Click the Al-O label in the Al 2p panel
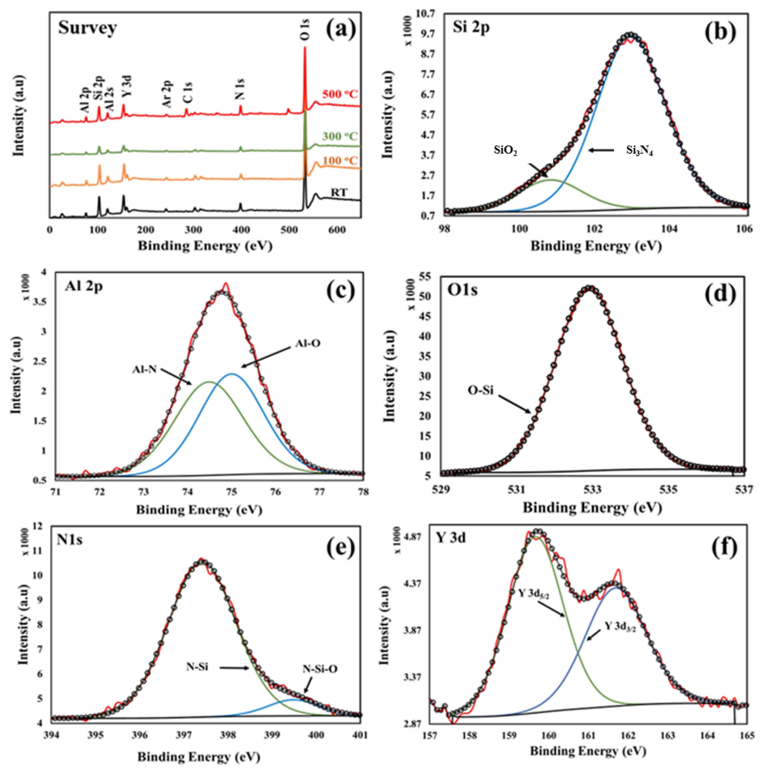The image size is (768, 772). [308, 343]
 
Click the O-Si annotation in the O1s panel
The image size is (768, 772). [481, 390]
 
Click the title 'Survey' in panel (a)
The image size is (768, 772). [88, 28]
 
